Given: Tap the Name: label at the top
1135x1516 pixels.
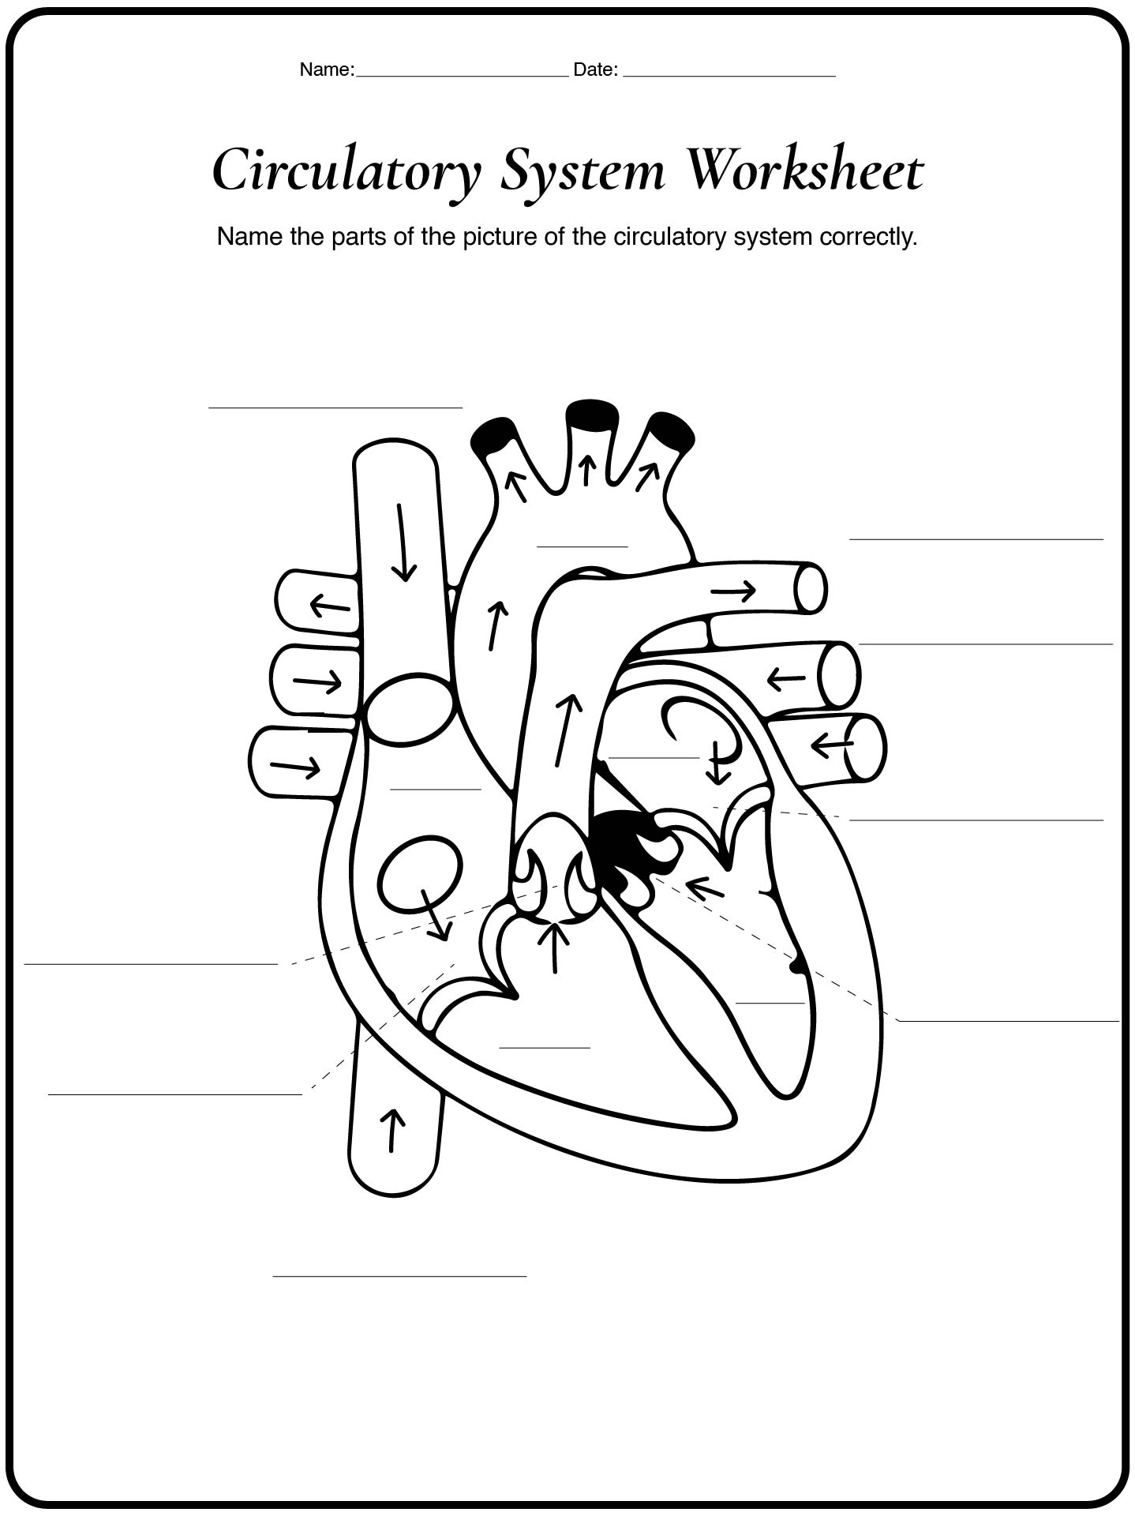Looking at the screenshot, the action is tap(327, 69).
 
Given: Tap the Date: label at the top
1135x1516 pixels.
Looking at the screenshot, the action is tap(595, 69).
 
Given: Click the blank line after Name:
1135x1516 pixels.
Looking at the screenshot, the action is tap(463, 77).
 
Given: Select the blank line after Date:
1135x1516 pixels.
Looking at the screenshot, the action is tap(729, 77).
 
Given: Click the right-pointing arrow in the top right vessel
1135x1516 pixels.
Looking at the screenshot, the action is tap(733, 590).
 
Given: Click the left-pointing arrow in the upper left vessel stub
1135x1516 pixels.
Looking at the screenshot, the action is tap(330, 606).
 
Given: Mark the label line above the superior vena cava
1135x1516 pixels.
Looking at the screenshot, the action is tap(335, 408).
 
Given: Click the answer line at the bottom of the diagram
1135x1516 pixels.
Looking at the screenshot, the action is tap(399, 1275).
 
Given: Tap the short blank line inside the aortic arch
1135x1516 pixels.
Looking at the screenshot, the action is tap(582, 546).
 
